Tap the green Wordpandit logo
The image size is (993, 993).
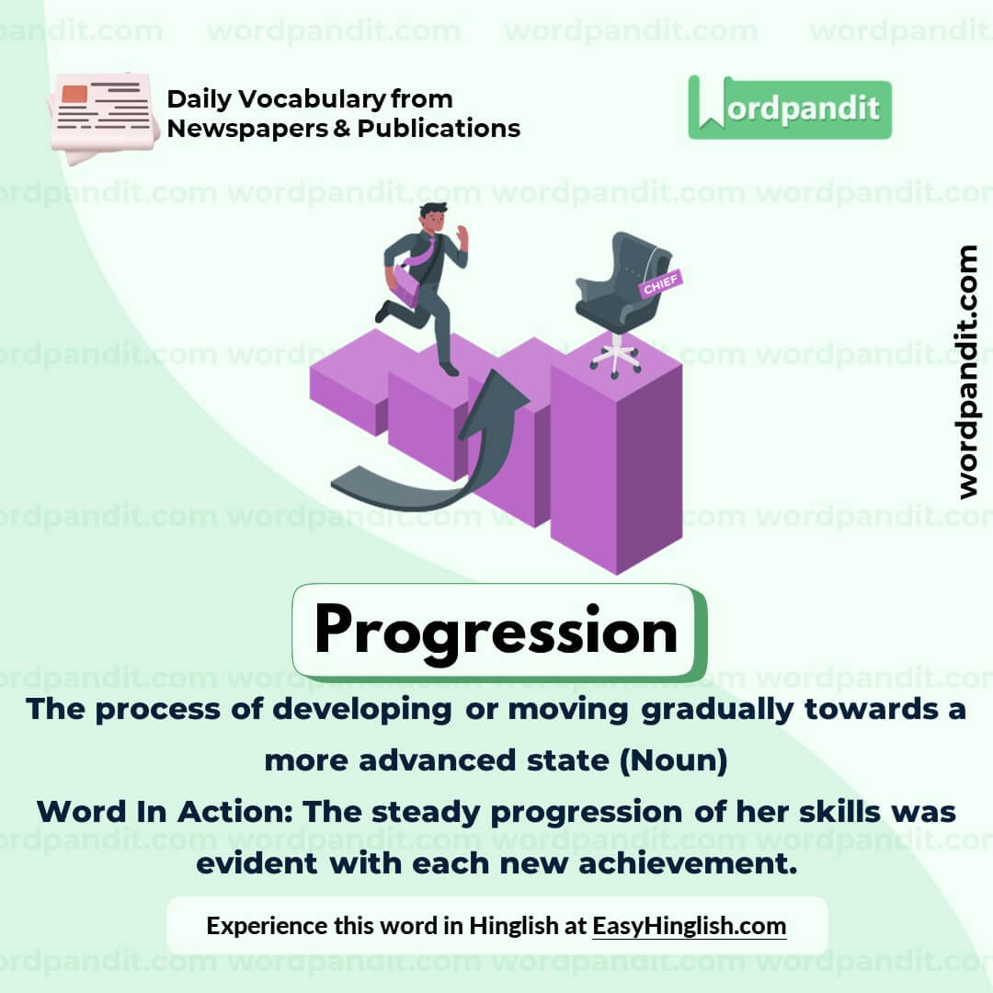click(789, 108)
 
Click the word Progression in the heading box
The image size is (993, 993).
click(496, 632)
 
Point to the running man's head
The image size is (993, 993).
click(432, 219)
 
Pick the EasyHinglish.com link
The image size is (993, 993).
click(689, 925)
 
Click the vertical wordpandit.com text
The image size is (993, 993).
click(966, 371)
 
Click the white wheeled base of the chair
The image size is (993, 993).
click(615, 357)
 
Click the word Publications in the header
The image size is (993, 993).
click(439, 128)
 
